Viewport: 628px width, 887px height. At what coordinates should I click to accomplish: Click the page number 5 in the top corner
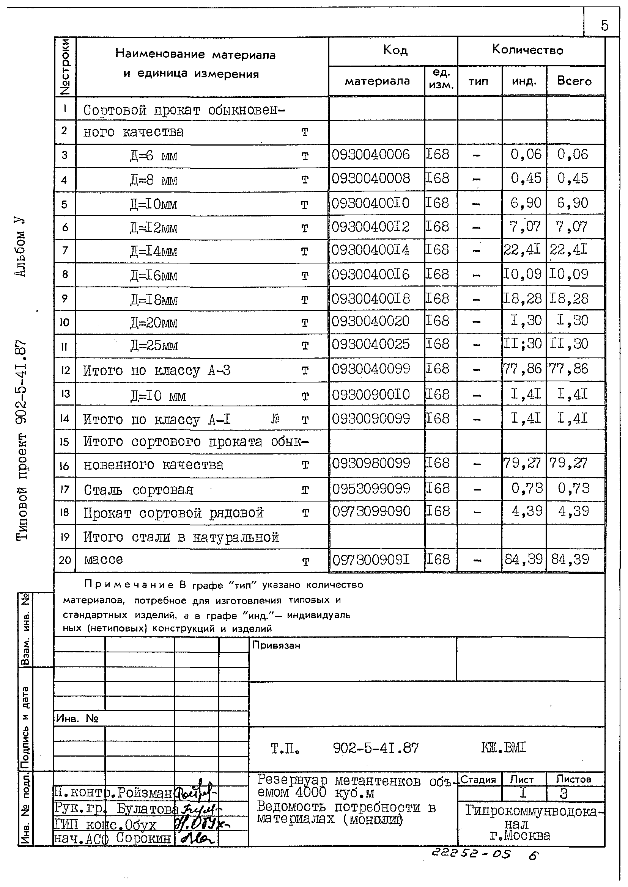[x=604, y=25]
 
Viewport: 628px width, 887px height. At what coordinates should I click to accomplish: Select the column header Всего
[x=574, y=81]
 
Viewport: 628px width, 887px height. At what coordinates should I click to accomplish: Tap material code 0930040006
[x=370, y=155]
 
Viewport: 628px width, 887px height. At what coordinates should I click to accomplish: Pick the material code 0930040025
[x=370, y=344]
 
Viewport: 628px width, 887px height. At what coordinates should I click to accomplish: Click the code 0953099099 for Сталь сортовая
[x=371, y=489]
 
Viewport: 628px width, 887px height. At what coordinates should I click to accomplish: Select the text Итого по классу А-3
[x=157, y=370]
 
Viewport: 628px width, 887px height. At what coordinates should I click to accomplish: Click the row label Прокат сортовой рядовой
[x=173, y=513]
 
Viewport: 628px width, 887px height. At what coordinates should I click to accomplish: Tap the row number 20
[x=65, y=560]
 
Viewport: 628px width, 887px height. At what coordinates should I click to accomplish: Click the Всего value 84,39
[x=570, y=559]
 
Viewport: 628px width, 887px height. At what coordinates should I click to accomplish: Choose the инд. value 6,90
[x=526, y=203]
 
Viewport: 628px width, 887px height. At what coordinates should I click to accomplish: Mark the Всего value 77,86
[x=568, y=368]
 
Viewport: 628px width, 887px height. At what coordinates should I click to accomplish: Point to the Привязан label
[x=276, y=645]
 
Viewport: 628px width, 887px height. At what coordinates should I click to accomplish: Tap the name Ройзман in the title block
[x=145, y=793]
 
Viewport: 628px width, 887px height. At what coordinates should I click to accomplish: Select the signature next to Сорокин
[x=197, y=839]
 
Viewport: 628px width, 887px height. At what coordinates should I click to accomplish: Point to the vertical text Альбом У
[x=21, y=247]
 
